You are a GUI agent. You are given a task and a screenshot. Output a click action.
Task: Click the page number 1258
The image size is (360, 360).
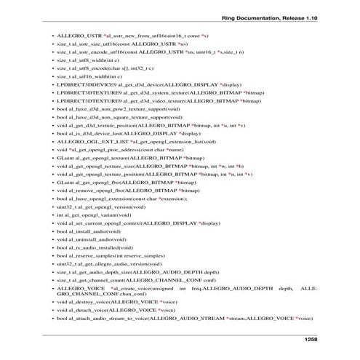pos(309,339)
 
